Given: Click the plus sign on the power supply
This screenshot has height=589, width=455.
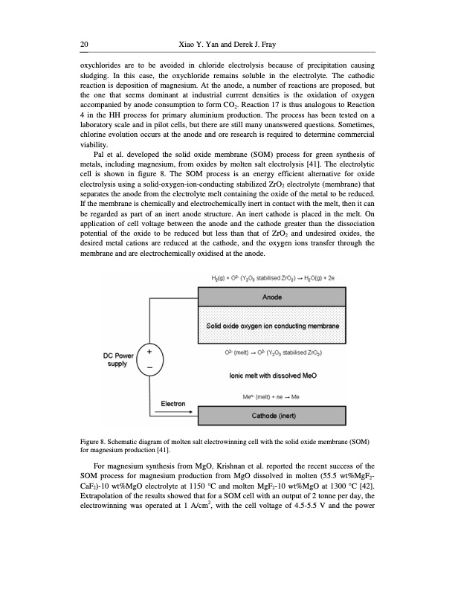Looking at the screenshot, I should click(x=149, y=352).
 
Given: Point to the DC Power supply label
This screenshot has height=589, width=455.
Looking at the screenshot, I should click(x=117, y=359).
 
